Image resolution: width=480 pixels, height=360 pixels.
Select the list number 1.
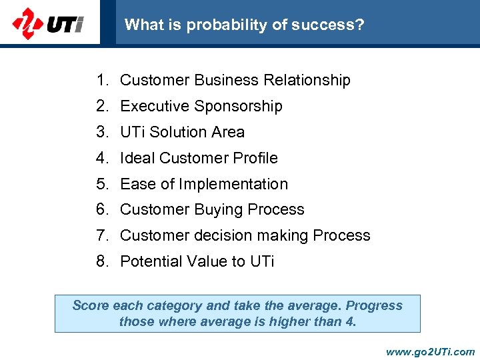(x=102, y=80)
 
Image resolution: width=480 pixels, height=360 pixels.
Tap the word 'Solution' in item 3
(x=177, y=132)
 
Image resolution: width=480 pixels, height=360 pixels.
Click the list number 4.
(x=102, y=158)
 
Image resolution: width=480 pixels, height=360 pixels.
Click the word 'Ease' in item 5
(x=137, y=184)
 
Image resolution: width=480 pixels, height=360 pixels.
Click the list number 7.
(x=102, y=235)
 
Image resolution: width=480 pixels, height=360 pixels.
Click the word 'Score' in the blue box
(x=90, y=305)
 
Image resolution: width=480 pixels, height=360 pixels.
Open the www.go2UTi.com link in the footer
(x=430, y=351)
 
